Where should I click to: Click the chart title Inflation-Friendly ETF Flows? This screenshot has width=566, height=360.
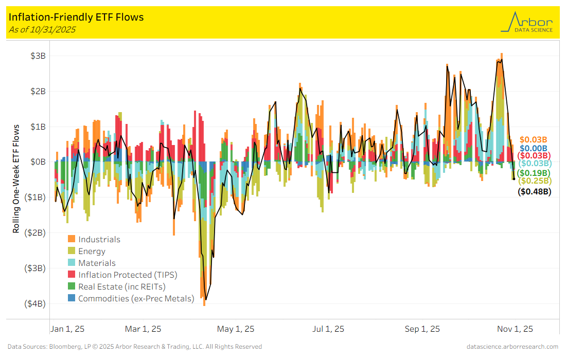pyautogui.click(x=76, y=17)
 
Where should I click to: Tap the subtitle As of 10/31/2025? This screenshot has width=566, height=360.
pyautogui.click(x=42, y=29)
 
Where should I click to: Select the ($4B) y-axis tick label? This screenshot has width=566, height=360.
pyautogui.click(x=35, y=303)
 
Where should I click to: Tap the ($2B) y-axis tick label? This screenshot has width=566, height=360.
pyautogui.click(x=35, y=232)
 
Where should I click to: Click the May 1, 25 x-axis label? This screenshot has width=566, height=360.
pyautogui.click(x=236, y=329)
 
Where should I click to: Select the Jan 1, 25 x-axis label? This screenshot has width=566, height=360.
pyautogui.click(x=67, y=329)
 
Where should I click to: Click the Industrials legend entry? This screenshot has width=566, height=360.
pyautogui.click(x=99, y=239)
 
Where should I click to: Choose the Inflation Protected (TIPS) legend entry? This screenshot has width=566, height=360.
pyautogui.click(x=126, y=275)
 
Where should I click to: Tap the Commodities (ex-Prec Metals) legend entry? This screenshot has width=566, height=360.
pyautogui.click(x=136, y=298)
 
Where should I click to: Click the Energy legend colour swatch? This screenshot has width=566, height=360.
pyautogui.click(x=72, y=251)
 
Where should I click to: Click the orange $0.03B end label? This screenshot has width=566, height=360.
pyautogui.click(x=533, y=139)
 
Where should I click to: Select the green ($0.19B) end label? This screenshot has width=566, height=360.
pyautogui.click(x=534, y=172)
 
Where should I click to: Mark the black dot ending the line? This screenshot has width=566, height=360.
pyautogui.click(x=514, y=179)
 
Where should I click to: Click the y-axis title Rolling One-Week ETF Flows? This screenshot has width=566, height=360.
pyautogui.click(x=16, y=178)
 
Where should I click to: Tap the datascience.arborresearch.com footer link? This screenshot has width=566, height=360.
pyautogui.click(x=512, y=347)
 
